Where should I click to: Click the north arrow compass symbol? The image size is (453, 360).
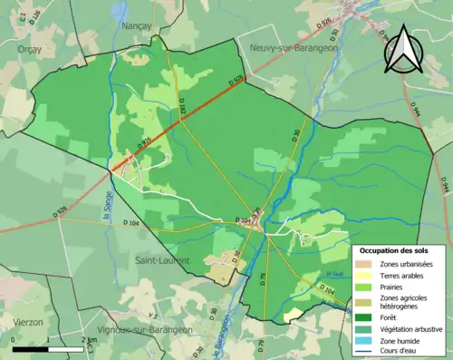[x=402, y=51]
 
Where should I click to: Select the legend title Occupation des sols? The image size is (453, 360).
[x=394, y=249]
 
